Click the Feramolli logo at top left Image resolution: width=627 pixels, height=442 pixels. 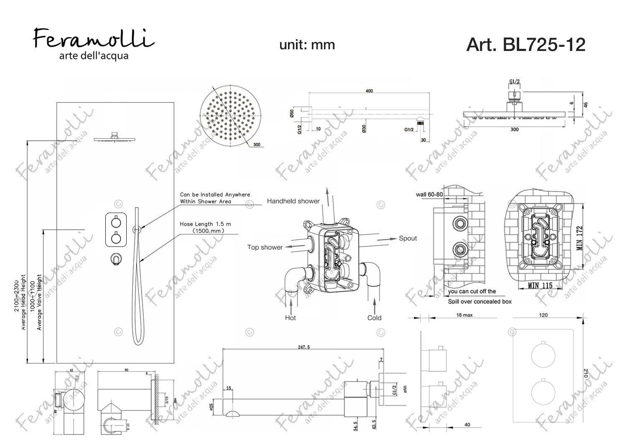pyautogui.click(x=93, y=43)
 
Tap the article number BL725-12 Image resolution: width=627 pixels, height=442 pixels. pyautogui.click(x=525, y=44)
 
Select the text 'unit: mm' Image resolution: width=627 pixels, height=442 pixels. pyautogui.click(x=307, y=45)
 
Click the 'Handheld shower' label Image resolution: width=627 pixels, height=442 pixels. pyautogui.click(x=293, y=201)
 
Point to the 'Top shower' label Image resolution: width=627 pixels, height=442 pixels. pyautogui.click(x=265, y=247)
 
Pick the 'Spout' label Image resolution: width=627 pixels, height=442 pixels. pyautogui.click(x=408, y=239)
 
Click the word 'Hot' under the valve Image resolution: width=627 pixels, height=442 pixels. pyautogui.click(x=290, y=318)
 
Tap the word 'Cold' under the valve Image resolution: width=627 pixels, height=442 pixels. pyautogui.click(x=374, y=318)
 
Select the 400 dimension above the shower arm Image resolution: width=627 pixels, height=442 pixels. pyautogui.click(x=369, y=91)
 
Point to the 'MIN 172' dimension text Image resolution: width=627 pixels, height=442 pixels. pyautogui.click(x=579, y=238)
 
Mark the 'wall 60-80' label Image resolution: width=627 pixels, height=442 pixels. pyautogui.click(x=429, y=194)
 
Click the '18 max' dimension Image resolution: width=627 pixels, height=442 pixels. pyautogui.click(x=464, y=315)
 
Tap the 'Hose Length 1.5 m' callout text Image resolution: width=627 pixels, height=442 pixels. pyautogui.click(x=205, y=224)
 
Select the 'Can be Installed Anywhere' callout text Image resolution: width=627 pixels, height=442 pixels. pyautogui.click(x=215, y=195)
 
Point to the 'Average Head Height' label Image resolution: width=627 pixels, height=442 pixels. pyautogui.click(x=24, y=302)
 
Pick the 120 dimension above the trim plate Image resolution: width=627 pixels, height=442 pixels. pyautogui.click(x=543, y=315)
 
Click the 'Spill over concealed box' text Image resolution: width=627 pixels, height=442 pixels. pyautogui.click(x=479, y=301)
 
